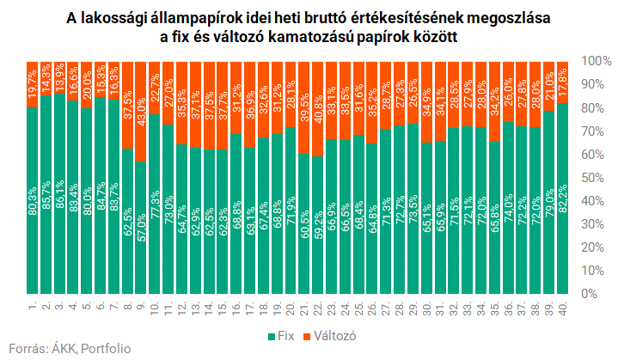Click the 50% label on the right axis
point(594,178)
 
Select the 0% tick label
point(590,294)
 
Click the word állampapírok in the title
point(191,17)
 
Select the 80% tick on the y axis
point(594,108)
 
